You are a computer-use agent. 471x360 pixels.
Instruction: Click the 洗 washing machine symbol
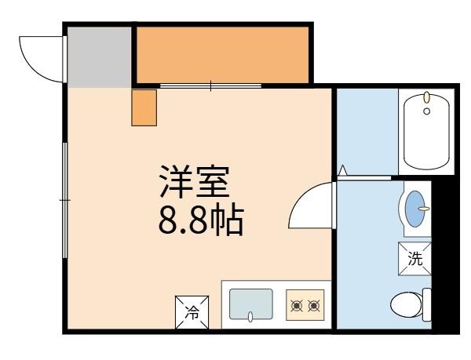[x=414, y=258]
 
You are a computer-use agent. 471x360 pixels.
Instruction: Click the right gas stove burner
[x=314, y=304]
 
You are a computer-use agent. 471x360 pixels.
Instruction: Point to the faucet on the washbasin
[x=424, y=209]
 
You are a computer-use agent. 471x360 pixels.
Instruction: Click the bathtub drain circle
[x=427, y=111]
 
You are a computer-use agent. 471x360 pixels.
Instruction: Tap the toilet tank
[x=427, y=304]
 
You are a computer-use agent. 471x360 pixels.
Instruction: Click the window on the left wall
[x=64, y=200]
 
